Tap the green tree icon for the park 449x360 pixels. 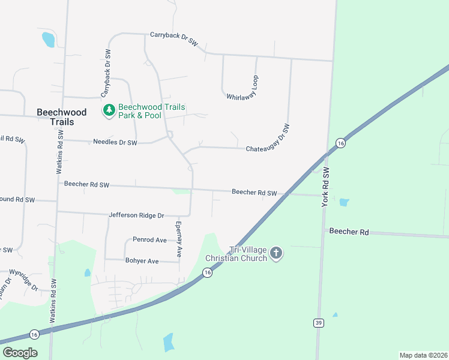(109, 110)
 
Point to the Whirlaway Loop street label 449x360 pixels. (243, 88)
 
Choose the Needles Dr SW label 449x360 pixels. (115, 143)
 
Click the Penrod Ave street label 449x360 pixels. (149, 239)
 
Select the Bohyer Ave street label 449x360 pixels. (142, 261)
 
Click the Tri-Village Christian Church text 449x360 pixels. (236, 254)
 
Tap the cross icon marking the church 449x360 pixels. (276, 253)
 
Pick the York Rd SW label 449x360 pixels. (327, 187)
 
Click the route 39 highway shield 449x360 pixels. (318, 323)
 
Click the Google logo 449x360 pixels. (20, 353)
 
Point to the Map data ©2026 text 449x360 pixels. (423, 355)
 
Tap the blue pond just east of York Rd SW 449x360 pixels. (343, 202)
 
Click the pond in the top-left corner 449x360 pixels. (48, 40)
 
